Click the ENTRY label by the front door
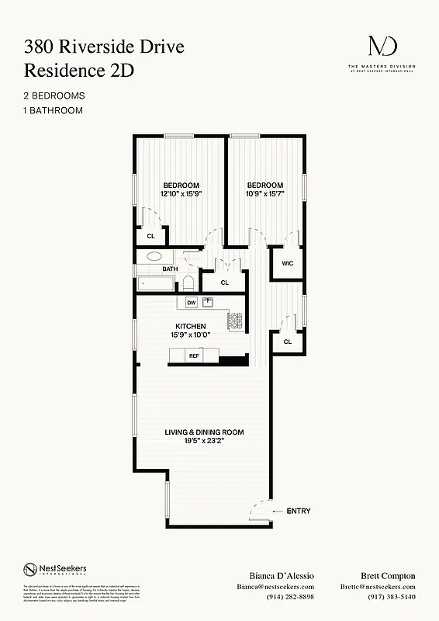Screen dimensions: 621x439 click(x=298, y=511)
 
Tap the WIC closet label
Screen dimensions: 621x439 click(x=287, y=263)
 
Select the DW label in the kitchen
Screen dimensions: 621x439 click(x=191, y=302)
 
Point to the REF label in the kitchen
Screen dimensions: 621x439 click(x=194, y=356)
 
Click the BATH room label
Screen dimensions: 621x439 click(x=170, y=269)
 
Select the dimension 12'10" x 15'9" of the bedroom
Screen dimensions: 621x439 click(x=181, y=194)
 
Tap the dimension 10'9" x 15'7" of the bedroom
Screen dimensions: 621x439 click(x=265, y=194)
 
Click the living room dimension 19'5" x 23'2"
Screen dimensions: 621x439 click(x=204, y=441)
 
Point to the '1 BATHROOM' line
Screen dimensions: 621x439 click(x=53, y=110)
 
